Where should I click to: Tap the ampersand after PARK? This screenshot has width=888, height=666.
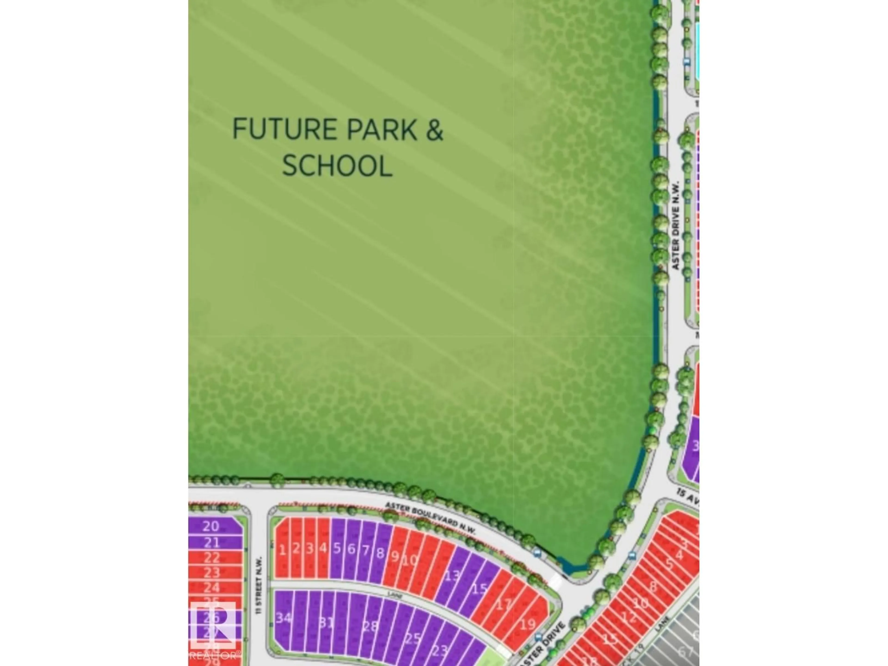[434, 129]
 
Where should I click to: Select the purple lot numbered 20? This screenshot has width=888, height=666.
[211, 526]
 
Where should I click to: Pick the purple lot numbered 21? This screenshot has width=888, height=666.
[212, 543]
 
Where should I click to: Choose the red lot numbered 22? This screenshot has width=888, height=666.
[212, 558]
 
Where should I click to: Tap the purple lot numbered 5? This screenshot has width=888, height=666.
[337, 548]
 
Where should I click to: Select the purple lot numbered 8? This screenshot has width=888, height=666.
[380, 553]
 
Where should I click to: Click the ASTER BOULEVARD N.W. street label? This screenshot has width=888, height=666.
[430, 518]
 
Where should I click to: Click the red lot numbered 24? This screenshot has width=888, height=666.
[212, 587]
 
